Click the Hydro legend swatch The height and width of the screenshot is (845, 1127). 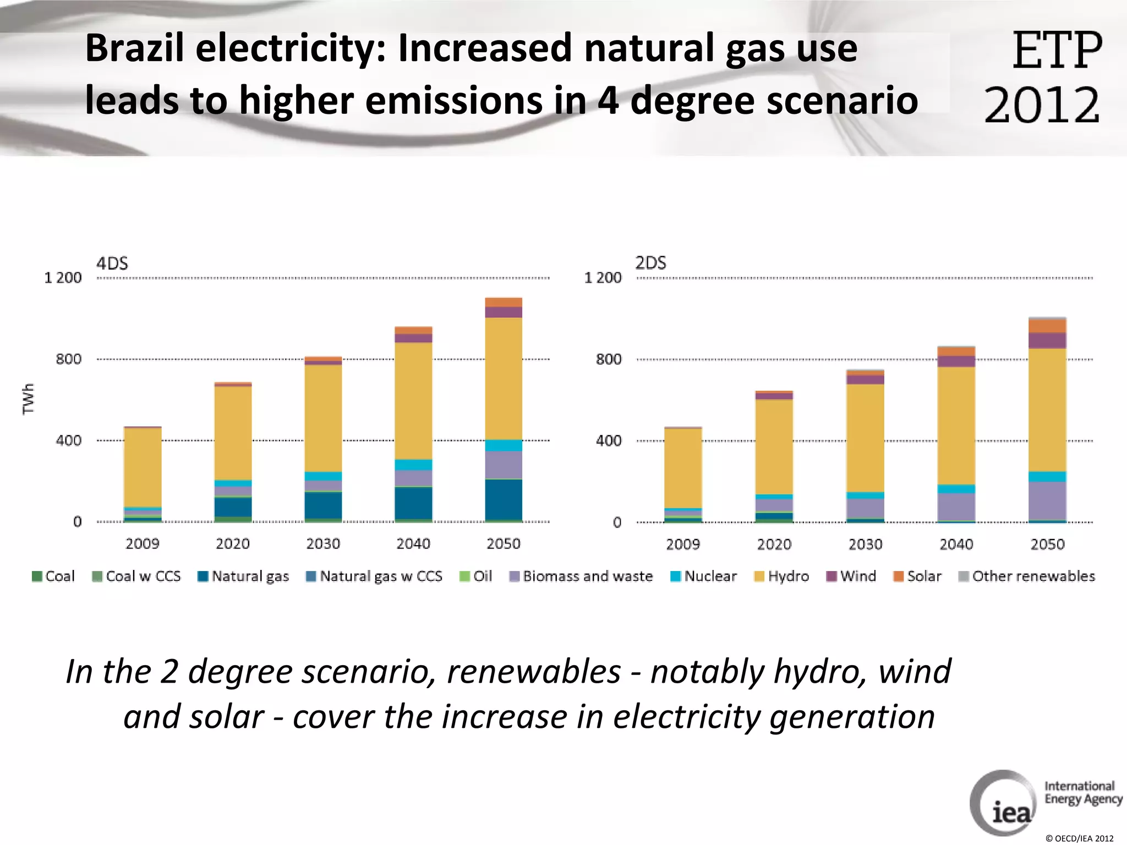(x=759, y=577)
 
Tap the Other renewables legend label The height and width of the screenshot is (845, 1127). (x=1033, y=577)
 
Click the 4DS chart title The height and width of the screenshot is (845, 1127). (x=112, y=264)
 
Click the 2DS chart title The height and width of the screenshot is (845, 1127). (x=650, y=263)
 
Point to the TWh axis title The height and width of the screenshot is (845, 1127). (x=28, y=399)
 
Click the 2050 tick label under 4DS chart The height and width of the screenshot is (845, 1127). (x=503, y=544)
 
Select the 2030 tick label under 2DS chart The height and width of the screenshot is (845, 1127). (x=865, y=545)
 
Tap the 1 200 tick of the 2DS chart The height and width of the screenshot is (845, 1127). (x=603, y=278)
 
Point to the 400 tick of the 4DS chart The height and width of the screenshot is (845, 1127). (x=68, y=441)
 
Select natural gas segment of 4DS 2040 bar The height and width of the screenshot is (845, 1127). (x=413, y=503)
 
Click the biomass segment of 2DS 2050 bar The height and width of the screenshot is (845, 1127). (x=1047, y=501)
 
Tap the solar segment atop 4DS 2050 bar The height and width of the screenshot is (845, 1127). (x=504, y=302)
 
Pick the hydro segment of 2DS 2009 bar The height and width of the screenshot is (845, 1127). (x=683, y=468)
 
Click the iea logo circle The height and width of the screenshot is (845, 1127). (x=1003, y=803)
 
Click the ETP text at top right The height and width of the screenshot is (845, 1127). (x=1057, y=51)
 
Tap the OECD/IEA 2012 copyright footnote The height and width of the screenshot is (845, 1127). (x=1079, y=838)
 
